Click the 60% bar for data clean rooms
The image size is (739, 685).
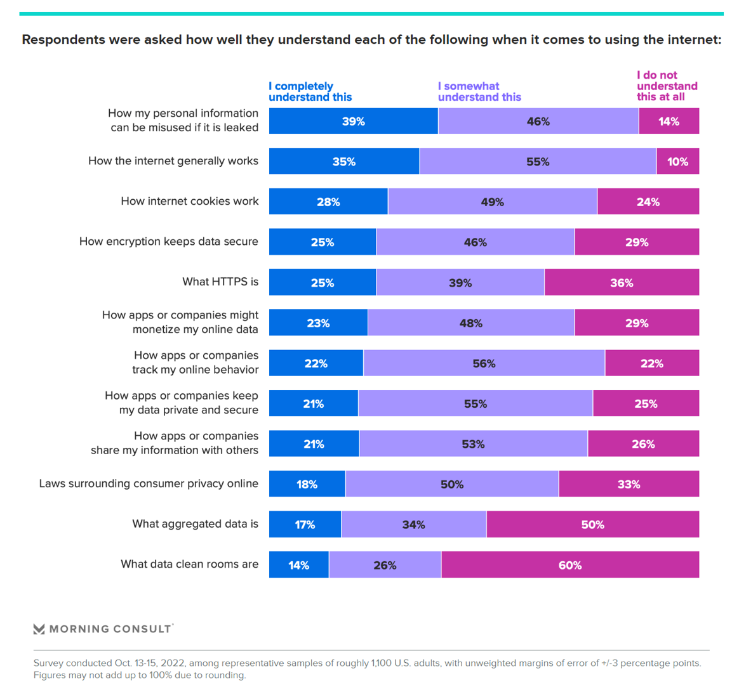pyautogui.click(x=569, y=565)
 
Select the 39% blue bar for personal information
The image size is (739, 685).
pyautogui.click(x=353, y=121)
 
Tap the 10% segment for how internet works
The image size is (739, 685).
pyautogui.click(x=677, y=162)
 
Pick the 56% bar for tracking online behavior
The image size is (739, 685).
pyautogui.click(x=484, y=363)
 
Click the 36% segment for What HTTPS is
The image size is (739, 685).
pyautogui.click(x=622, y=283)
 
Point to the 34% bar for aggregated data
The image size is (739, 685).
pyautogui.click(x=413, y=525)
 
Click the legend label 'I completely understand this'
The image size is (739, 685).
pyautogui.click(x=310, y=92)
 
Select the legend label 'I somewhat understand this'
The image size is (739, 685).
pyautogui.click(x=479, y=92)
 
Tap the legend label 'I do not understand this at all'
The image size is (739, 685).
pyautogui.click(x=667, y=86)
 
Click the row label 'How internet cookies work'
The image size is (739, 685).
pyautogui.click(x=190, y=202)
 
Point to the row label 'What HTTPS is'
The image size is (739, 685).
pyautogui.click(x=220, y=282)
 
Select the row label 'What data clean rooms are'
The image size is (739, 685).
pyautogui.click(x=190, y=564)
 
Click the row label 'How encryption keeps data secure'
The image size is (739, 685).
pyautogui.click(x=169, y=242)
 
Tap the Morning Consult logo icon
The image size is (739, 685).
pyautogui.click(x=39, y=629)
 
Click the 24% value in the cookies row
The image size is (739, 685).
pyautogui.click(x=648, y=202)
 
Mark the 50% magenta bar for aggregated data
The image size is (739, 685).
pyautogui.click(x=592, y=525)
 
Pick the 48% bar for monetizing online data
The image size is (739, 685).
pyautogui.click(x=471, y=323)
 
